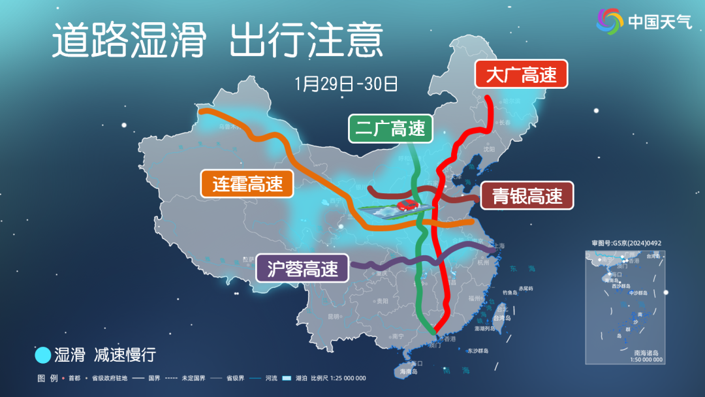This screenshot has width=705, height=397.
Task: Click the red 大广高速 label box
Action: [521, 75]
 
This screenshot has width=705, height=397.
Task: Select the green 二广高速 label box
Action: [390, 129]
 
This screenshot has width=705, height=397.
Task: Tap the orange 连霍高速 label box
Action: [246, 184]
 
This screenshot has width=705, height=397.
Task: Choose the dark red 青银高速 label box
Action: [527, 195]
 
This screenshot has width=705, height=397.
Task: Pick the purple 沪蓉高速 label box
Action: [302, 268]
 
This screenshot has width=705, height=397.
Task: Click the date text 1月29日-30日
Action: [346, 84]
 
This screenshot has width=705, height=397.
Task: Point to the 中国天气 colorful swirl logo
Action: [610, 22]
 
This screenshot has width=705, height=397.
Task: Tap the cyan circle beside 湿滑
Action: [42, 355]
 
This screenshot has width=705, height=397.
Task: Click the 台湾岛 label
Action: [503, 318]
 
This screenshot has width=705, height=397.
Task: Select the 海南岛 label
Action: [409, 372]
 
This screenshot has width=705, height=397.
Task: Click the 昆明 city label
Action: [334, 316]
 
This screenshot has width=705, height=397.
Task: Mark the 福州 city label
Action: [475, 298]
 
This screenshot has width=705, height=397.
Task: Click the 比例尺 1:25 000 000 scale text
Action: [338, 378]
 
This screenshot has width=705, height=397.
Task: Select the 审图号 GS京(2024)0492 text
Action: [627, 243]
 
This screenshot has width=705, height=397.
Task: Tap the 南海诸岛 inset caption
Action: [641, 353]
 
